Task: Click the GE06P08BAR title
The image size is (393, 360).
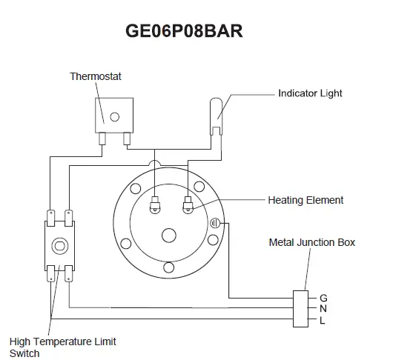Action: point(184,31)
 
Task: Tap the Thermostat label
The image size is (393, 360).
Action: point(96,76)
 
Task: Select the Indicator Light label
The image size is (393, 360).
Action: point(310,93)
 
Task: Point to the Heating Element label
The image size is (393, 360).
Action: point(306,200)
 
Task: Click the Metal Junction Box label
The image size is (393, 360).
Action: point(312,242)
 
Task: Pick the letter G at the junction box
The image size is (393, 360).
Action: point(323,298)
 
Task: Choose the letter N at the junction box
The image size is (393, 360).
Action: point(323,309)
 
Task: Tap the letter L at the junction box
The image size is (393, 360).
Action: point(323,320)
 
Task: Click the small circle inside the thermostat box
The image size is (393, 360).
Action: point(114,117)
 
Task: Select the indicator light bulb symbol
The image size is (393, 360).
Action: point(216,116)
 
